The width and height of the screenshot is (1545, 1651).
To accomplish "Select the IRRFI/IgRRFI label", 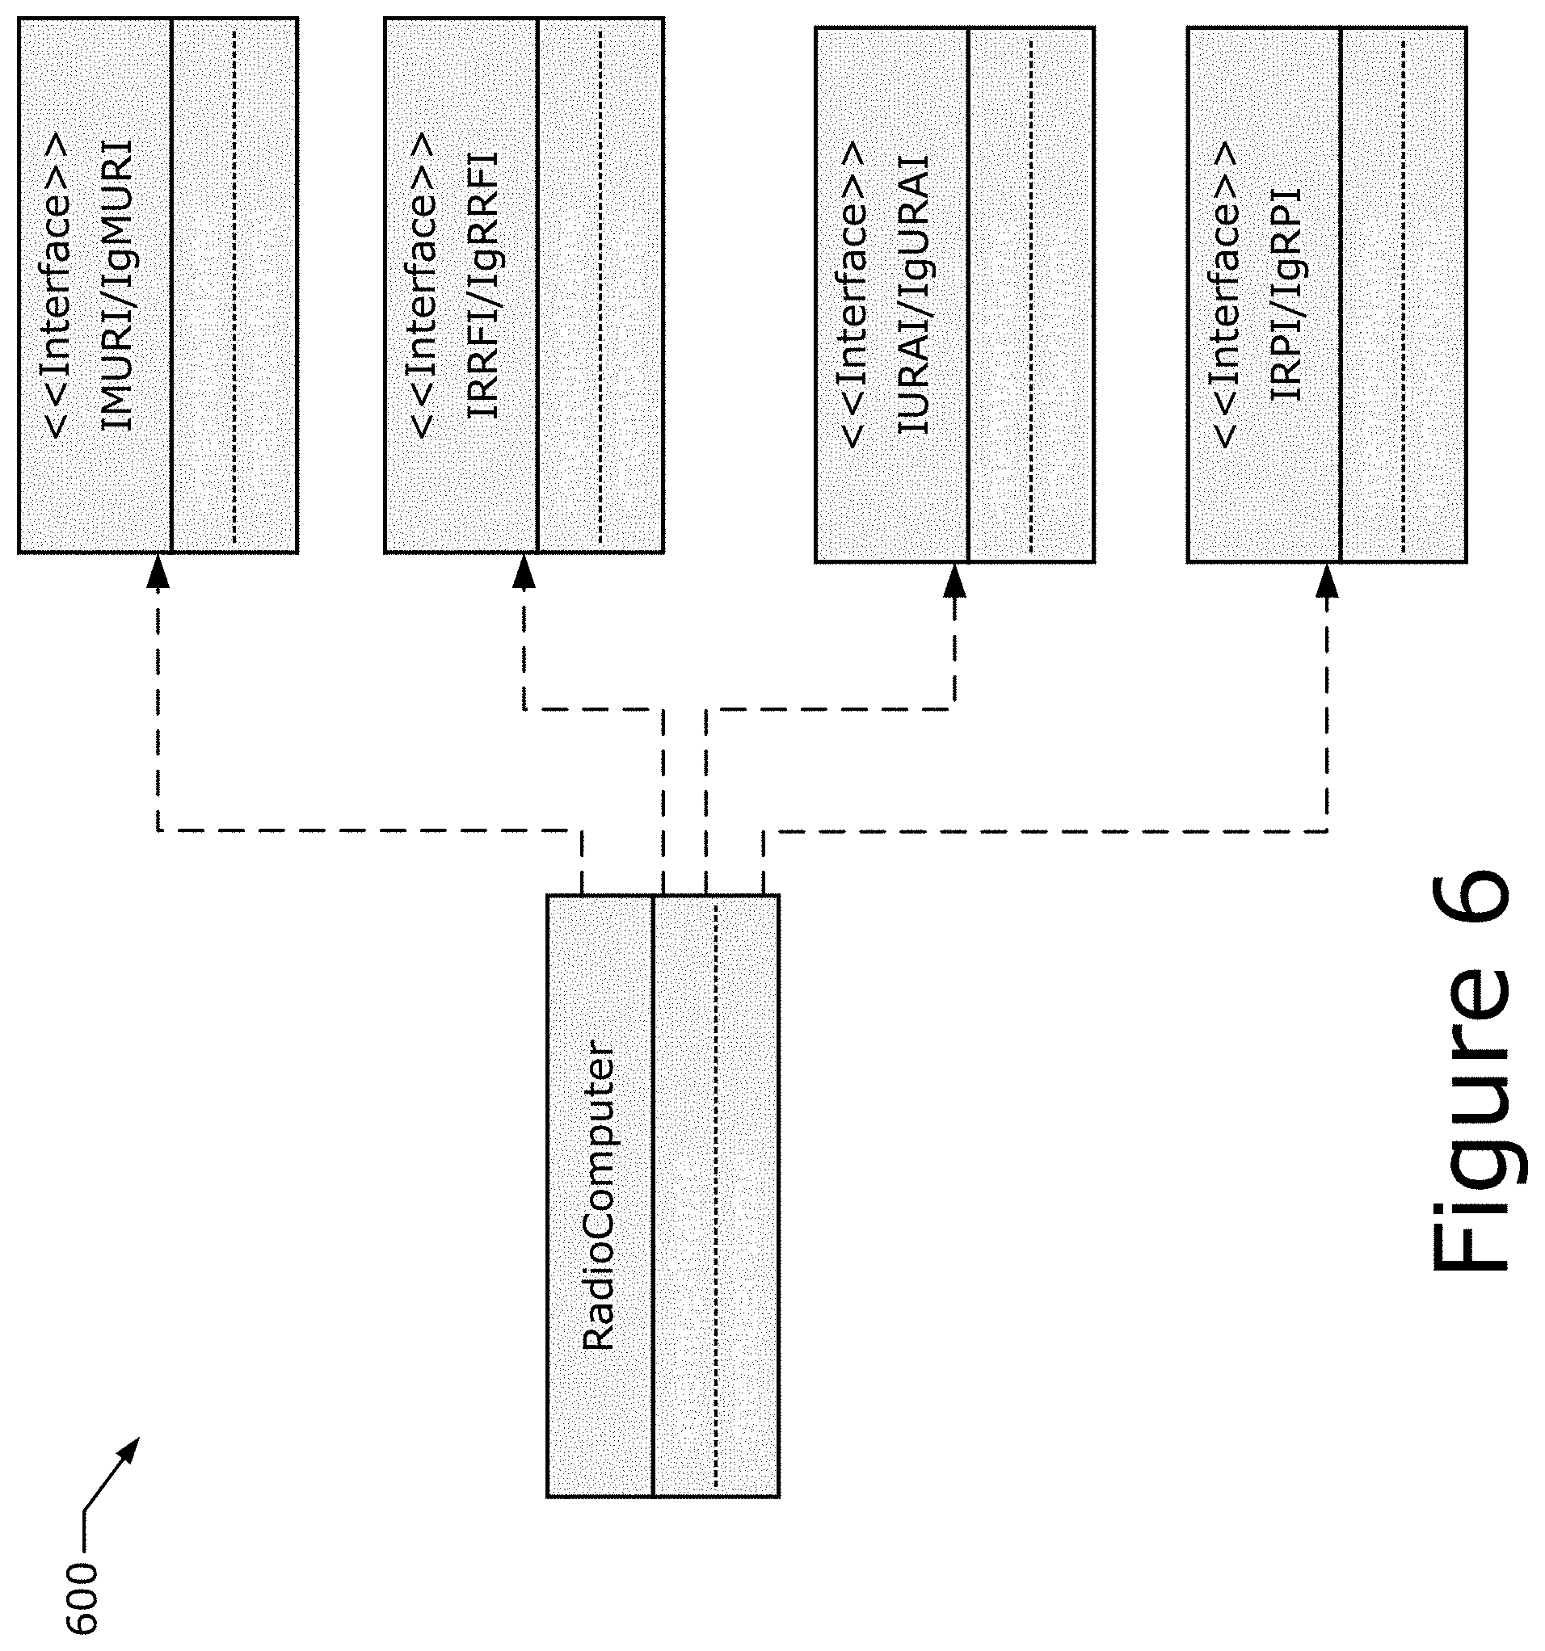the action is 484,284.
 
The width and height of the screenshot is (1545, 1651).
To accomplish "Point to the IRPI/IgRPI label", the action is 1286,295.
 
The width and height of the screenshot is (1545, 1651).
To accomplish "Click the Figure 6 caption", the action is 1469,1072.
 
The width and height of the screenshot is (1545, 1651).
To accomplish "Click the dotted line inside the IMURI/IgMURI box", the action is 234,288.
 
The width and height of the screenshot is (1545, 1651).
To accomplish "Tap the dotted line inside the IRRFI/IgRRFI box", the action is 600,288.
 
